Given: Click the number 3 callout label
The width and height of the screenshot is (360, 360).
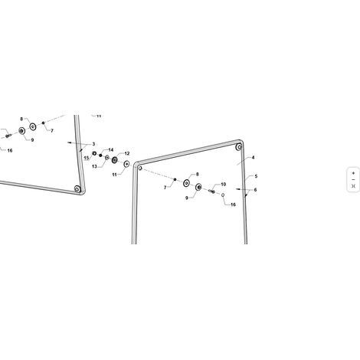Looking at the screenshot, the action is [x=93, y=144].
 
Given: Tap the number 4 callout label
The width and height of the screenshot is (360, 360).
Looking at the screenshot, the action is [x=253, y=158].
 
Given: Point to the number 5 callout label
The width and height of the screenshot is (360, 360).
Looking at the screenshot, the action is [x=256, y=176].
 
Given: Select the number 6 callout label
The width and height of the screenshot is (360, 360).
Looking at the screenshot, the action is [x=255, y=190].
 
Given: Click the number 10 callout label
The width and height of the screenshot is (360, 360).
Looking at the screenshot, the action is [x=223, y=185].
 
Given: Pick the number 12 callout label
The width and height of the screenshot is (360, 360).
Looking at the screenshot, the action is [x=127, y=153].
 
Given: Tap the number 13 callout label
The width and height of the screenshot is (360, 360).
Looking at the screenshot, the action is [x=94, y=167].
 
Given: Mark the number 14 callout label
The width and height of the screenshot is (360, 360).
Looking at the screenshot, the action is [x=111, y=150].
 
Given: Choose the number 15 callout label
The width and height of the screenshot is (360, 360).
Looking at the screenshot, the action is [x=87, y=158].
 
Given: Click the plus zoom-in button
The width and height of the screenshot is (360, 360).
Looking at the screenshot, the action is [x=353, y=173].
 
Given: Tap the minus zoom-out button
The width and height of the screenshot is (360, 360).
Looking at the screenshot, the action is [x=353, y=180].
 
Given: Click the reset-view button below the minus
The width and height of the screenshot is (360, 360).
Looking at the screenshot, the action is [x=353, y=186].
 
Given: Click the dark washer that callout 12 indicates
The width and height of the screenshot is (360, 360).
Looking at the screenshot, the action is [x=114, y=160].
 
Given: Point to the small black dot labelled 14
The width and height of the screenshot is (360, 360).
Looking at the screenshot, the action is [x=100, y=155].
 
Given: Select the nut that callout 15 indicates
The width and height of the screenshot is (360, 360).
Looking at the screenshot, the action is [x=94, y=153].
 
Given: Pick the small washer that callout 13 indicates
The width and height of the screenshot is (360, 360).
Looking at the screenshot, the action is [x=107, y=158].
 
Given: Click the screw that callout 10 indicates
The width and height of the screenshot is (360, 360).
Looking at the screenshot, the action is [x=212, y=191].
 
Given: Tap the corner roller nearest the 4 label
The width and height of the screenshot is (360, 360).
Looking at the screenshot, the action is [x=239, y=147].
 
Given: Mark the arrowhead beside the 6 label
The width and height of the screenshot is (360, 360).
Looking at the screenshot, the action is [x=238, y=189].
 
